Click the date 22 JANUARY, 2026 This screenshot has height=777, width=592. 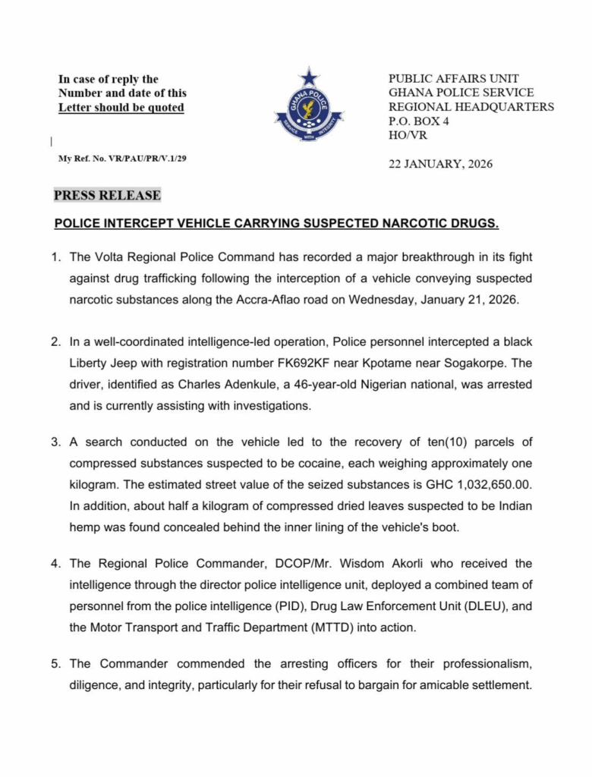coord(440,164)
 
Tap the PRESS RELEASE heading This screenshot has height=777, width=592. coord(107,195)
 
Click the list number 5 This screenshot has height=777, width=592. coord(56,664)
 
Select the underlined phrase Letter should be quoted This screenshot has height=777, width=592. coord(121,107)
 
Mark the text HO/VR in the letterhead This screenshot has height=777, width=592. coord(406,136)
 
